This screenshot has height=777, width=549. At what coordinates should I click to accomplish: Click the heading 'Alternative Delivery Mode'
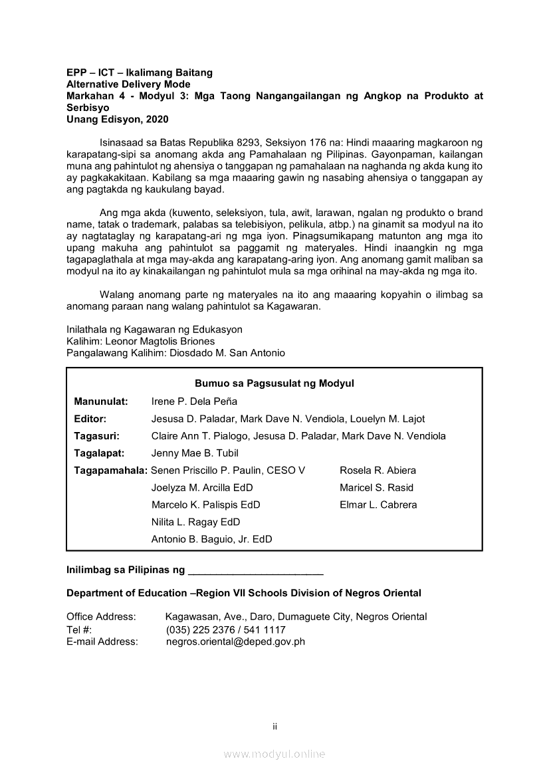click(128, 84)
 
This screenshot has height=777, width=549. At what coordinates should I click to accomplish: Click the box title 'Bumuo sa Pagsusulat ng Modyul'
click(274, 384)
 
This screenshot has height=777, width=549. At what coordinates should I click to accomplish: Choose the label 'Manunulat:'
click(101, 401)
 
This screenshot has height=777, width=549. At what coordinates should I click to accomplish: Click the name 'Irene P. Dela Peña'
click(194, 401)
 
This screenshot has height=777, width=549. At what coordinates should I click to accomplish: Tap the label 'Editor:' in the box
click(90, 419)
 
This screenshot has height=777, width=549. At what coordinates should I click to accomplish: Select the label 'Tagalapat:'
click(100, 453)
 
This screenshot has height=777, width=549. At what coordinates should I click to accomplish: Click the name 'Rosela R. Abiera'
click(378, 471)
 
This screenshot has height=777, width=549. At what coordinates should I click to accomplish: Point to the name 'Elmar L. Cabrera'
click(378, 505)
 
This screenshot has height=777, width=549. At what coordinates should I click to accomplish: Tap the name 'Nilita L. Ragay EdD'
click(195, 522)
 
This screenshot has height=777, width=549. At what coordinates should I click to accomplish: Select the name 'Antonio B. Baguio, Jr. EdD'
click(211, 540)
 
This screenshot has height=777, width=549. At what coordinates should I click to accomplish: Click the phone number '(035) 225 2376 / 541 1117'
click(225, 629)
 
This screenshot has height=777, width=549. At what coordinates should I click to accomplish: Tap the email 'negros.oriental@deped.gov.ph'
click(235, 642)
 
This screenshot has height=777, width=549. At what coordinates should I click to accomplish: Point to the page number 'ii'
click(274, 726)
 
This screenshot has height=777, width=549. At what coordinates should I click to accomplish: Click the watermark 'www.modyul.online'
click(274, 754)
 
